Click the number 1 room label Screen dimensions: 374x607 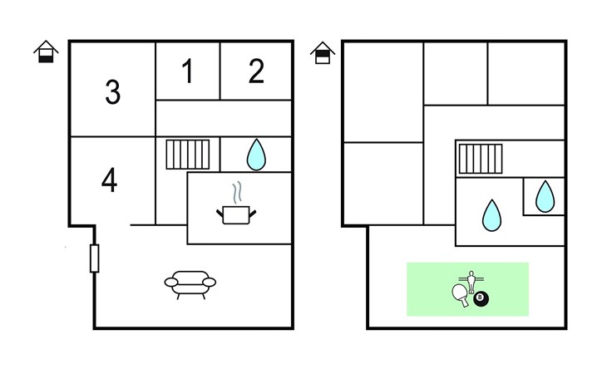coord(188,71)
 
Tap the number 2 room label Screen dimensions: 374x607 coord(256,71)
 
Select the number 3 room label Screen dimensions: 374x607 coord(112,91)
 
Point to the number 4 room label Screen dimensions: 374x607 coord(109,180)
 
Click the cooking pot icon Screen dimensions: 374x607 coord(236,214)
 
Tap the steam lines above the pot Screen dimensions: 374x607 coord(238,192)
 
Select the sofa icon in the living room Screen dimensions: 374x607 coord(190,283)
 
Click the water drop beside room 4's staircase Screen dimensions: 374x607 coord(257,154)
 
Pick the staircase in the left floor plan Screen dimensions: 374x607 coord(187,155)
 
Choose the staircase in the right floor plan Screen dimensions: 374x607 coord(481,158)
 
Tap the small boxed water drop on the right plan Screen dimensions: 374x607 coord(545,197)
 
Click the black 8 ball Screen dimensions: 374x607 coord(481,298)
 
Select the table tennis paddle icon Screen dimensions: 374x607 coord(460,294)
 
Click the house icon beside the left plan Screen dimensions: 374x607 coord(47,52)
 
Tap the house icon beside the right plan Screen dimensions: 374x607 coord(323,52)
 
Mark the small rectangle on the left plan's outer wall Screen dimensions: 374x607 coord(95,258)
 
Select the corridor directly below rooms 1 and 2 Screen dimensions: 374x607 coord(224,117)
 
